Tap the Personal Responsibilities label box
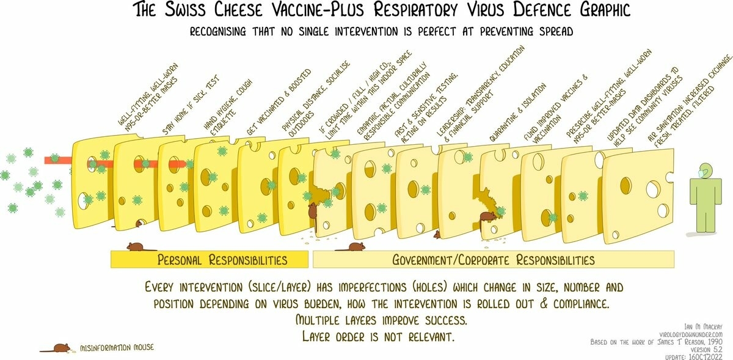pos(209,260)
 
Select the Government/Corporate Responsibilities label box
pos(494,260)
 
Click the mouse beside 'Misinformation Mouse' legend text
pos(60,348)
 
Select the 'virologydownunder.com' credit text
pos(688,335)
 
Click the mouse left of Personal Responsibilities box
pos(135,247)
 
